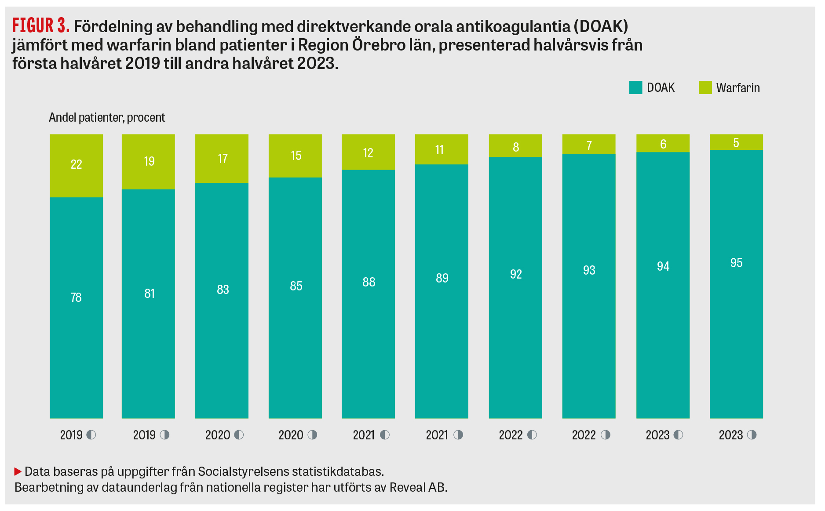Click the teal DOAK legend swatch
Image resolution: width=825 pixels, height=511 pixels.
[x=635, y=87]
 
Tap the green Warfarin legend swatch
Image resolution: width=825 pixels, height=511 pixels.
[x=705, y=87]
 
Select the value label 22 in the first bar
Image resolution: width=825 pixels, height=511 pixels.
[x=76, y=164]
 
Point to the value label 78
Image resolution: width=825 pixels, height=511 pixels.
[x=76, y=297]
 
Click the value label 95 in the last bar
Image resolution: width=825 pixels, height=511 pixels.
[x=736, y=263]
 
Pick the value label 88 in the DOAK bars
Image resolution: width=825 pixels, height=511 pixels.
[x=369, y=282]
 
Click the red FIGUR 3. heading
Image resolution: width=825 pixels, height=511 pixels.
[x=41, y=26]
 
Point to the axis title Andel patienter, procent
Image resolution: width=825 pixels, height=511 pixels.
[x=107, y=118]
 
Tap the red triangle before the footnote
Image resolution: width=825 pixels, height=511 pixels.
[x=18, y=471]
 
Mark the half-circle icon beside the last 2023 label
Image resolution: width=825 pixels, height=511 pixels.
[x=752, y=435]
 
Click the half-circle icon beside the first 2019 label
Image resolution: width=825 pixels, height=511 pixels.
[x=91, y=435]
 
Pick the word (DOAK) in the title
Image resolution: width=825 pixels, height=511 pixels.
[x=601, y=26]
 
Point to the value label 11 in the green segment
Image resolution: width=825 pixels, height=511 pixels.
[x=439, y=150]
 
